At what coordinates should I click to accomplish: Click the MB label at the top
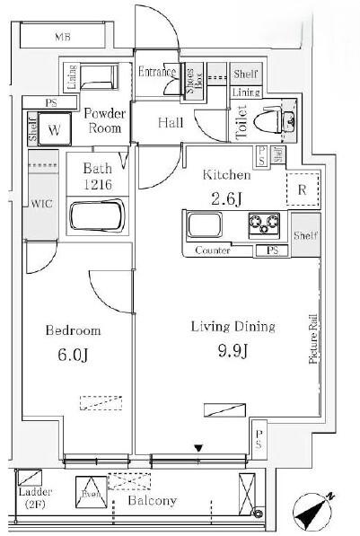tap(61, 37)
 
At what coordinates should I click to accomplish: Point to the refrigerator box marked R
tap(302, 189)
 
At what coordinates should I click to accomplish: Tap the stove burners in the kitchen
tap(265, 224)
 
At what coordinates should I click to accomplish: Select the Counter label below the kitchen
tap(212, 250)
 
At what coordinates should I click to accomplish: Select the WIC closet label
tap(42, 204)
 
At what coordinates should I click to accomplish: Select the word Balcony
tap(152, 501)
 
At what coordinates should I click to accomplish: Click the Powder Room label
tap(104, 120)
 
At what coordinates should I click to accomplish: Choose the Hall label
tap(167, 123)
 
